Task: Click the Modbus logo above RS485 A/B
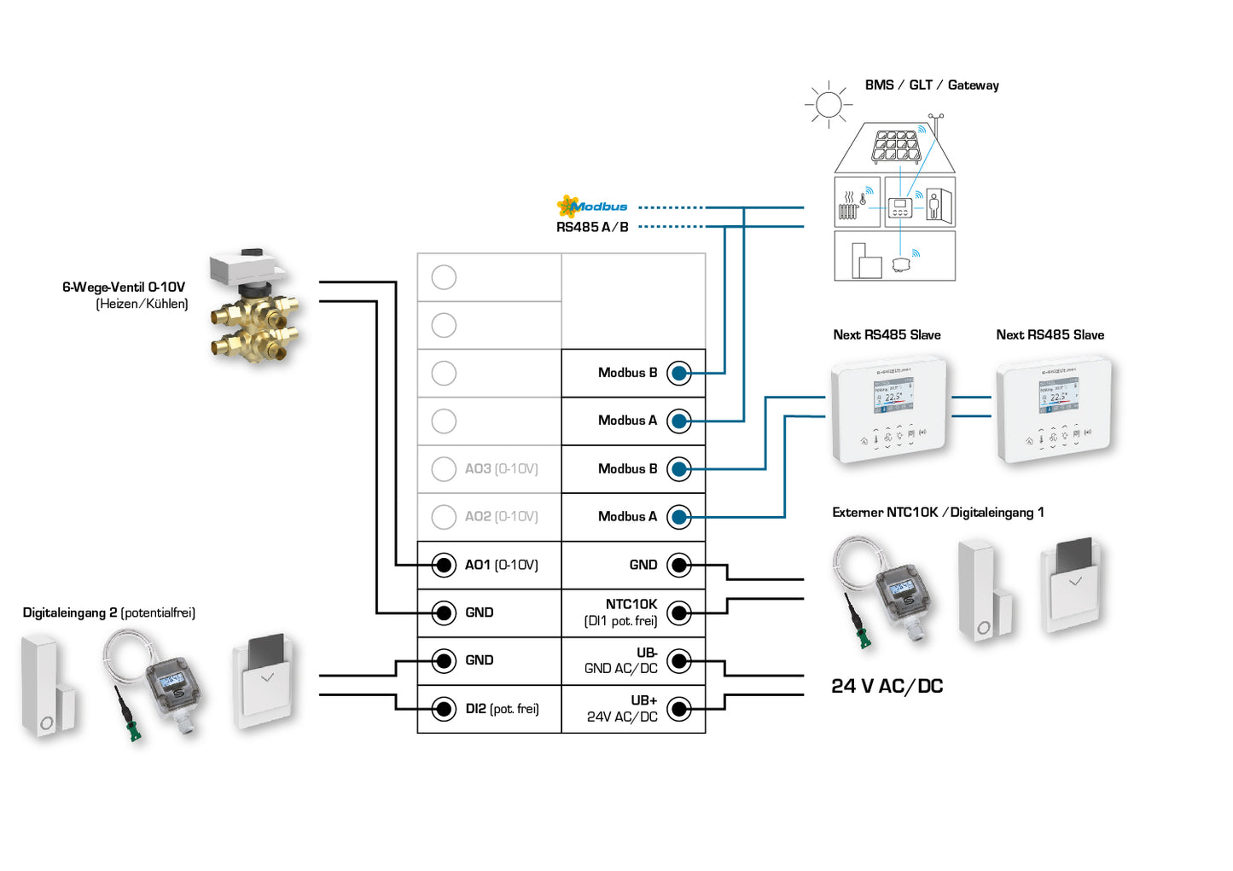click(591, 206)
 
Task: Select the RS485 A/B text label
click(592, 227)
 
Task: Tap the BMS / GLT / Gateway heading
click(931, 85)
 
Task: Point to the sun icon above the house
click(828, 105)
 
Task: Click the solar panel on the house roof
click(895, 146)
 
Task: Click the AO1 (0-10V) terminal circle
click(444, 565)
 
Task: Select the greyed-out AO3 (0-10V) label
click(501, 468)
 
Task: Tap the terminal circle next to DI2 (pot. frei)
click(444, 709)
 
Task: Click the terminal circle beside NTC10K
click(678, 613)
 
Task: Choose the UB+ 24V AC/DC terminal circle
click(678, 709)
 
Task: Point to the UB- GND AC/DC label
click(621, 660)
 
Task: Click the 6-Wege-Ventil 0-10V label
click(124, 287)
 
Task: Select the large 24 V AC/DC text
click(887, 687)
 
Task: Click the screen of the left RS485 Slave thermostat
click(893, 396)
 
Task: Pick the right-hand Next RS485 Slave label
click(1050, 335)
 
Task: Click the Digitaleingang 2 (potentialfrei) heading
click(108, 613)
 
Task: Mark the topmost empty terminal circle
click(444, 277)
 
